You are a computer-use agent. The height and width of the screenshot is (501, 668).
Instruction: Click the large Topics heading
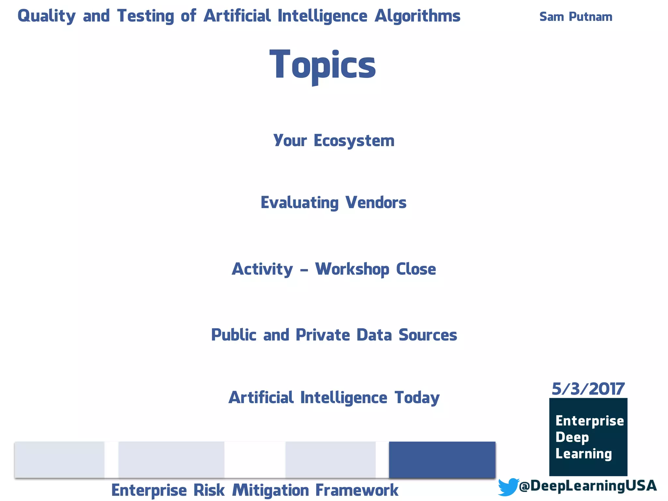(323, 65)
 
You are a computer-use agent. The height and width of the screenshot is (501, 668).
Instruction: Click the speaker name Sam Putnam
(576, 17)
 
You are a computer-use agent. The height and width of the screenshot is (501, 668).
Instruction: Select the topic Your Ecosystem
(334, 141)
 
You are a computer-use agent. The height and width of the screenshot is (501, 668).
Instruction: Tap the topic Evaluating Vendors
(333, 203)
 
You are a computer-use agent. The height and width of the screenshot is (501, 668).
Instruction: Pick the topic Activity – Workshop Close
(334, 269)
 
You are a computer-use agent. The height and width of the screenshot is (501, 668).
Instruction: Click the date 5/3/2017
(588, 389)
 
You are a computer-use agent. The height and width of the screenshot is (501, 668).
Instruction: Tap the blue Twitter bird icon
(508, 487)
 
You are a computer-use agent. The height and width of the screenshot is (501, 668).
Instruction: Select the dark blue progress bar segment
(442, 460)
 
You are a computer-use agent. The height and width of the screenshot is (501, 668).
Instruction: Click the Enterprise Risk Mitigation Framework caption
(255, 490)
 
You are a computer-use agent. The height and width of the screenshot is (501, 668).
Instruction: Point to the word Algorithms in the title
(417, 16)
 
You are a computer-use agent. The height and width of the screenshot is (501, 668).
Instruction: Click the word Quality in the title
(47, 16)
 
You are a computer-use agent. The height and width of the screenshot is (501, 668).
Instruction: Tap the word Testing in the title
(145, 16)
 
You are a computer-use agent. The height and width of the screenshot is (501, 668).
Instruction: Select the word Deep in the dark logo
(572, 437)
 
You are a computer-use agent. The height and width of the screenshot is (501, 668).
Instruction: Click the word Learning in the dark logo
(584, 454)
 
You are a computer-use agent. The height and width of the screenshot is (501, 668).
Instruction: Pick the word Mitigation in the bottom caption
(270, 490)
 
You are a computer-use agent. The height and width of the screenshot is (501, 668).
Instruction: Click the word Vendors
(376, 203)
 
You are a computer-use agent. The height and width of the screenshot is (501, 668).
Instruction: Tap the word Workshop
(352, 269)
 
